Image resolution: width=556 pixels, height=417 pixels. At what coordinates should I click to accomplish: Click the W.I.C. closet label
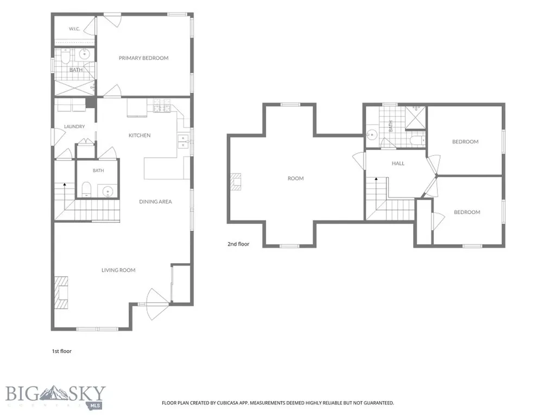74,29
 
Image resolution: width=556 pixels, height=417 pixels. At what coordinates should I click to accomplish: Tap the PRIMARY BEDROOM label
143,58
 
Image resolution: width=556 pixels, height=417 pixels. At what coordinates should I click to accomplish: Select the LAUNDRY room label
74,127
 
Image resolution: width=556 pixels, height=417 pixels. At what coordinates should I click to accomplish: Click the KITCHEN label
140,135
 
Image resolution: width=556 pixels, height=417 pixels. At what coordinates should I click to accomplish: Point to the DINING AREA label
155,202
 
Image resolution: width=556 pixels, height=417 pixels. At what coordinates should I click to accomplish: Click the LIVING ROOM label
118,270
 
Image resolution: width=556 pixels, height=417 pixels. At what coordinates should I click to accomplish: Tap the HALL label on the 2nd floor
398,163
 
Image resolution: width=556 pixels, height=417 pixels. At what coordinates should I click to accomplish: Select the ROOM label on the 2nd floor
296,178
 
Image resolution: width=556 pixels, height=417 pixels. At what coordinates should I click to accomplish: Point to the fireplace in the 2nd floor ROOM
236,181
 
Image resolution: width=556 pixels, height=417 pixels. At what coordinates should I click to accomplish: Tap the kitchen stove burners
162,106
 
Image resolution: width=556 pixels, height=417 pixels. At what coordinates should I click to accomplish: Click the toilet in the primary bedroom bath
66,56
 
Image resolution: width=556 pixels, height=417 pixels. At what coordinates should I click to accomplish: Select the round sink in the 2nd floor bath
372,135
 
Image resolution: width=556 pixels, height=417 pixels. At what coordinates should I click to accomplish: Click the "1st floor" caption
62,351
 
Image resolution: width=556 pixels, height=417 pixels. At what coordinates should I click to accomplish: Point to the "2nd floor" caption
238,244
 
